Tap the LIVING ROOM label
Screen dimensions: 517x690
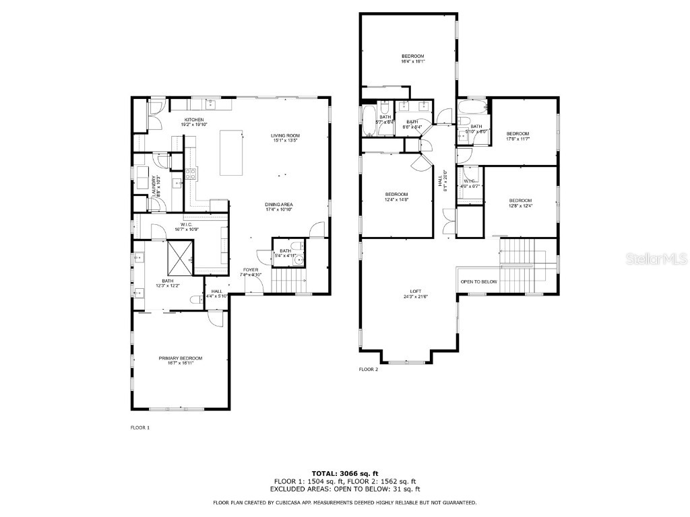286,136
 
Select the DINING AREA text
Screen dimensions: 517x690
278,205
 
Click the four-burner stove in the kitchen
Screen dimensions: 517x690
191,174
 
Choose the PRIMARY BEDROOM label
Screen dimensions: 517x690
181,358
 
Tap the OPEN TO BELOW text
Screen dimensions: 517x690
478,281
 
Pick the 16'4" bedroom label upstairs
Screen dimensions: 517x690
413,56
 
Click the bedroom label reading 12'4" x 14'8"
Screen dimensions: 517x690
396,195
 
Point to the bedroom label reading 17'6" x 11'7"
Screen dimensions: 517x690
518,133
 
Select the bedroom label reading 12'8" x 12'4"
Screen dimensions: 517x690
520,201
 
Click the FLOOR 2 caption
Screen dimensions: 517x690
369,370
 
